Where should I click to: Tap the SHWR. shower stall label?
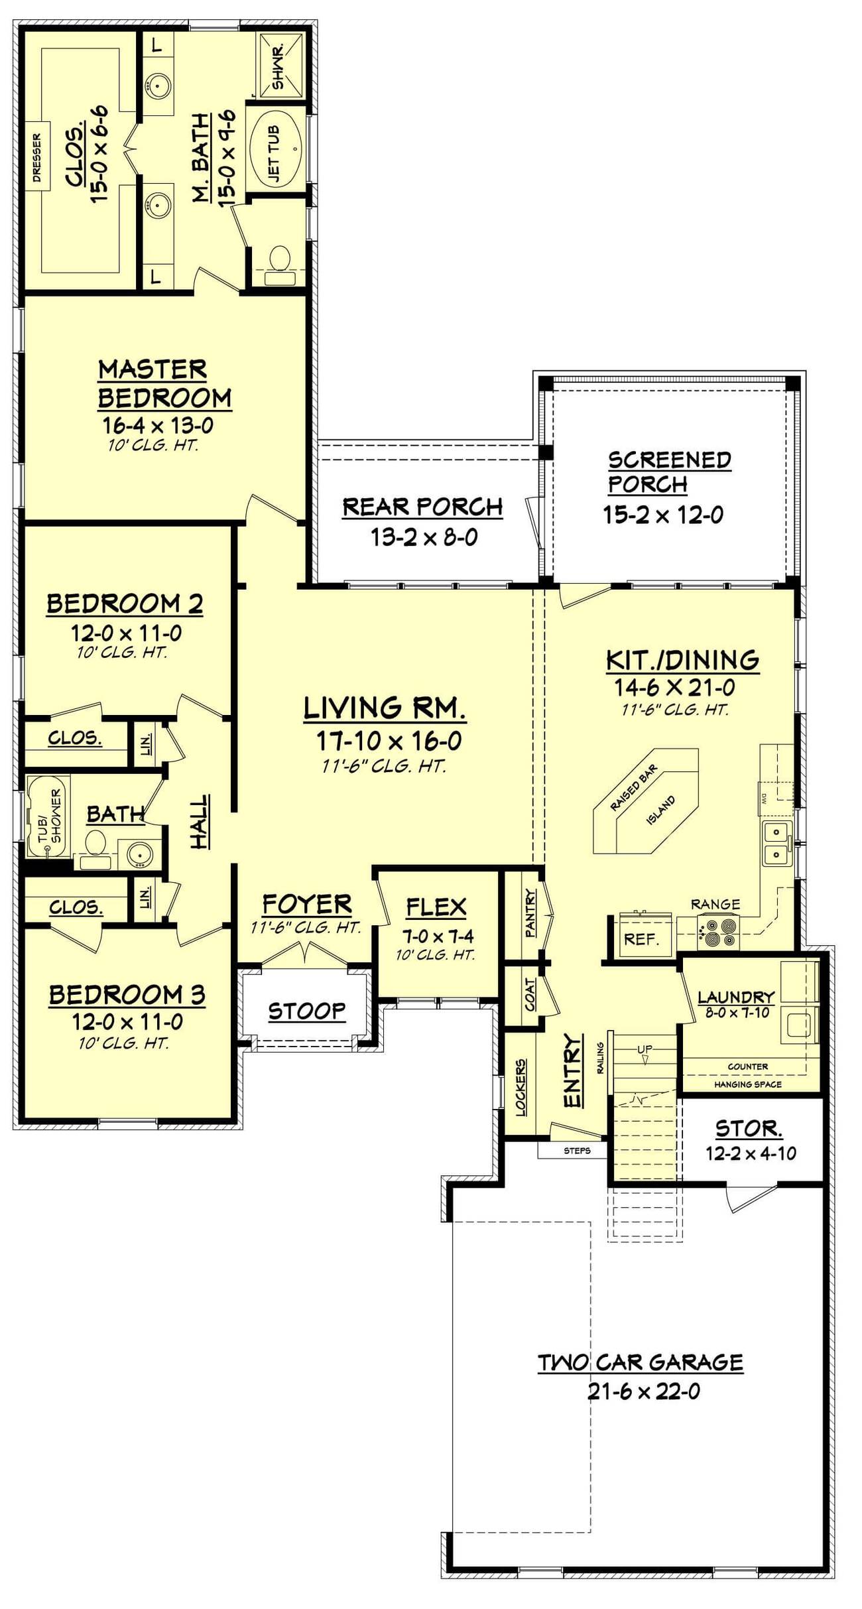[278, 67]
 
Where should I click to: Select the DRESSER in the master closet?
[37, 157]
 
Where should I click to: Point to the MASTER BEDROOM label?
[164, 383]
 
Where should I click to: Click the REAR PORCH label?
[422, 507]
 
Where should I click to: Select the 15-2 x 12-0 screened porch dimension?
[663, 515]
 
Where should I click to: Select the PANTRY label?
[530, 913]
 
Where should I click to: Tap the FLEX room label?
[436, 907]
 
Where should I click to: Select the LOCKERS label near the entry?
[521, 1086]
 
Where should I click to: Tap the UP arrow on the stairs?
[645, 1055]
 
